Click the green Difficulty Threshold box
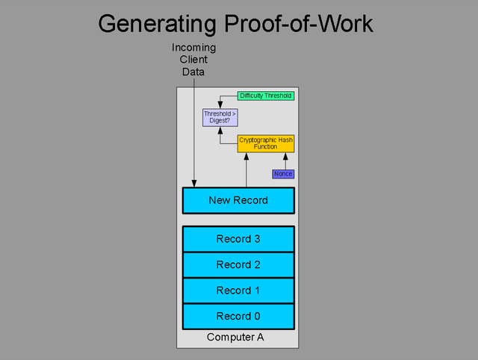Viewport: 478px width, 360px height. tap(266, 96)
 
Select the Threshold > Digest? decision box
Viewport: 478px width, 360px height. tap(220, 117)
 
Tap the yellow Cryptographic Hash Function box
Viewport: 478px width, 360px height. tap(266, 143)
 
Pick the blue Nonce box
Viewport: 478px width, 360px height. tap(283, 174)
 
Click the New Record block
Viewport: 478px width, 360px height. tap(238, 200)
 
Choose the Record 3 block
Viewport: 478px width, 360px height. tap(238, 239)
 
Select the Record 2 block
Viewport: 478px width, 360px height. tap(238, 265)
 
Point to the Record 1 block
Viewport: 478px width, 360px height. tap(238, 291)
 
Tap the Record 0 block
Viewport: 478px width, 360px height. tap(238, 317)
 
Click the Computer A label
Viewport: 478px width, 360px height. tap(235, 337)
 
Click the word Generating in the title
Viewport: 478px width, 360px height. tap(158, 24)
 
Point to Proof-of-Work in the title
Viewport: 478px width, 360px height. tap(299, 23)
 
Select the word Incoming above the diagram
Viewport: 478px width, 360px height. tap(194, 48)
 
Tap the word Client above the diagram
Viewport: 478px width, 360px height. tap(193, 60)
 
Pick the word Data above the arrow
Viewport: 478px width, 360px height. tap(193, 72)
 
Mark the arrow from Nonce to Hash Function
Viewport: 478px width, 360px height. tap(285, 161)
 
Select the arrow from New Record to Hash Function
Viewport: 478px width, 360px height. tap(246, 170)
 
